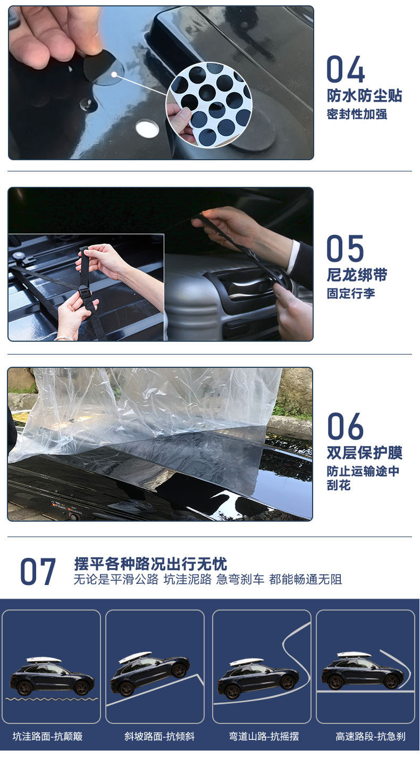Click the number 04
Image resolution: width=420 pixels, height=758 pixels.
[346, 69]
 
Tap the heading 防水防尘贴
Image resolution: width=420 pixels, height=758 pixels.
[364, 96]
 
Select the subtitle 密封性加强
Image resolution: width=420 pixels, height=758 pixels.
[357, 114]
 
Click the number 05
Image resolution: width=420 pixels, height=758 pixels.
[345, 249]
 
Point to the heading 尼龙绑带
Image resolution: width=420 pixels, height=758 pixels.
[357, 275]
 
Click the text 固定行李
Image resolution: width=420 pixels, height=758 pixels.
[351, 293]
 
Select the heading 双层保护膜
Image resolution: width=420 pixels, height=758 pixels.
[365, 453]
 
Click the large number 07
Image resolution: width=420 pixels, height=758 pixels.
[38, 572]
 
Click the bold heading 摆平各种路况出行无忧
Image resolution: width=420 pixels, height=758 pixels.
[150, 564]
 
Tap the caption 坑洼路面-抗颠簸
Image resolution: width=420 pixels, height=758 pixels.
[48, 736]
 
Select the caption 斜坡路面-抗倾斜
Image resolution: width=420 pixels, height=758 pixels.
[159, 736]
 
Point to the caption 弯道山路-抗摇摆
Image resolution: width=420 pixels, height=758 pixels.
[264, 736]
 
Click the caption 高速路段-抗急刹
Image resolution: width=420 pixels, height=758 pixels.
[371, 736]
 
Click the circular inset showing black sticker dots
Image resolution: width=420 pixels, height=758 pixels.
[209, 104]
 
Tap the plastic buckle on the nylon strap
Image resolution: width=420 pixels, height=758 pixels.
[85, 292]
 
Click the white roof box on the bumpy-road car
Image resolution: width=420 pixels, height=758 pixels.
[44, 660]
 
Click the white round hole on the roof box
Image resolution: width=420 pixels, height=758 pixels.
[147, 129]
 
